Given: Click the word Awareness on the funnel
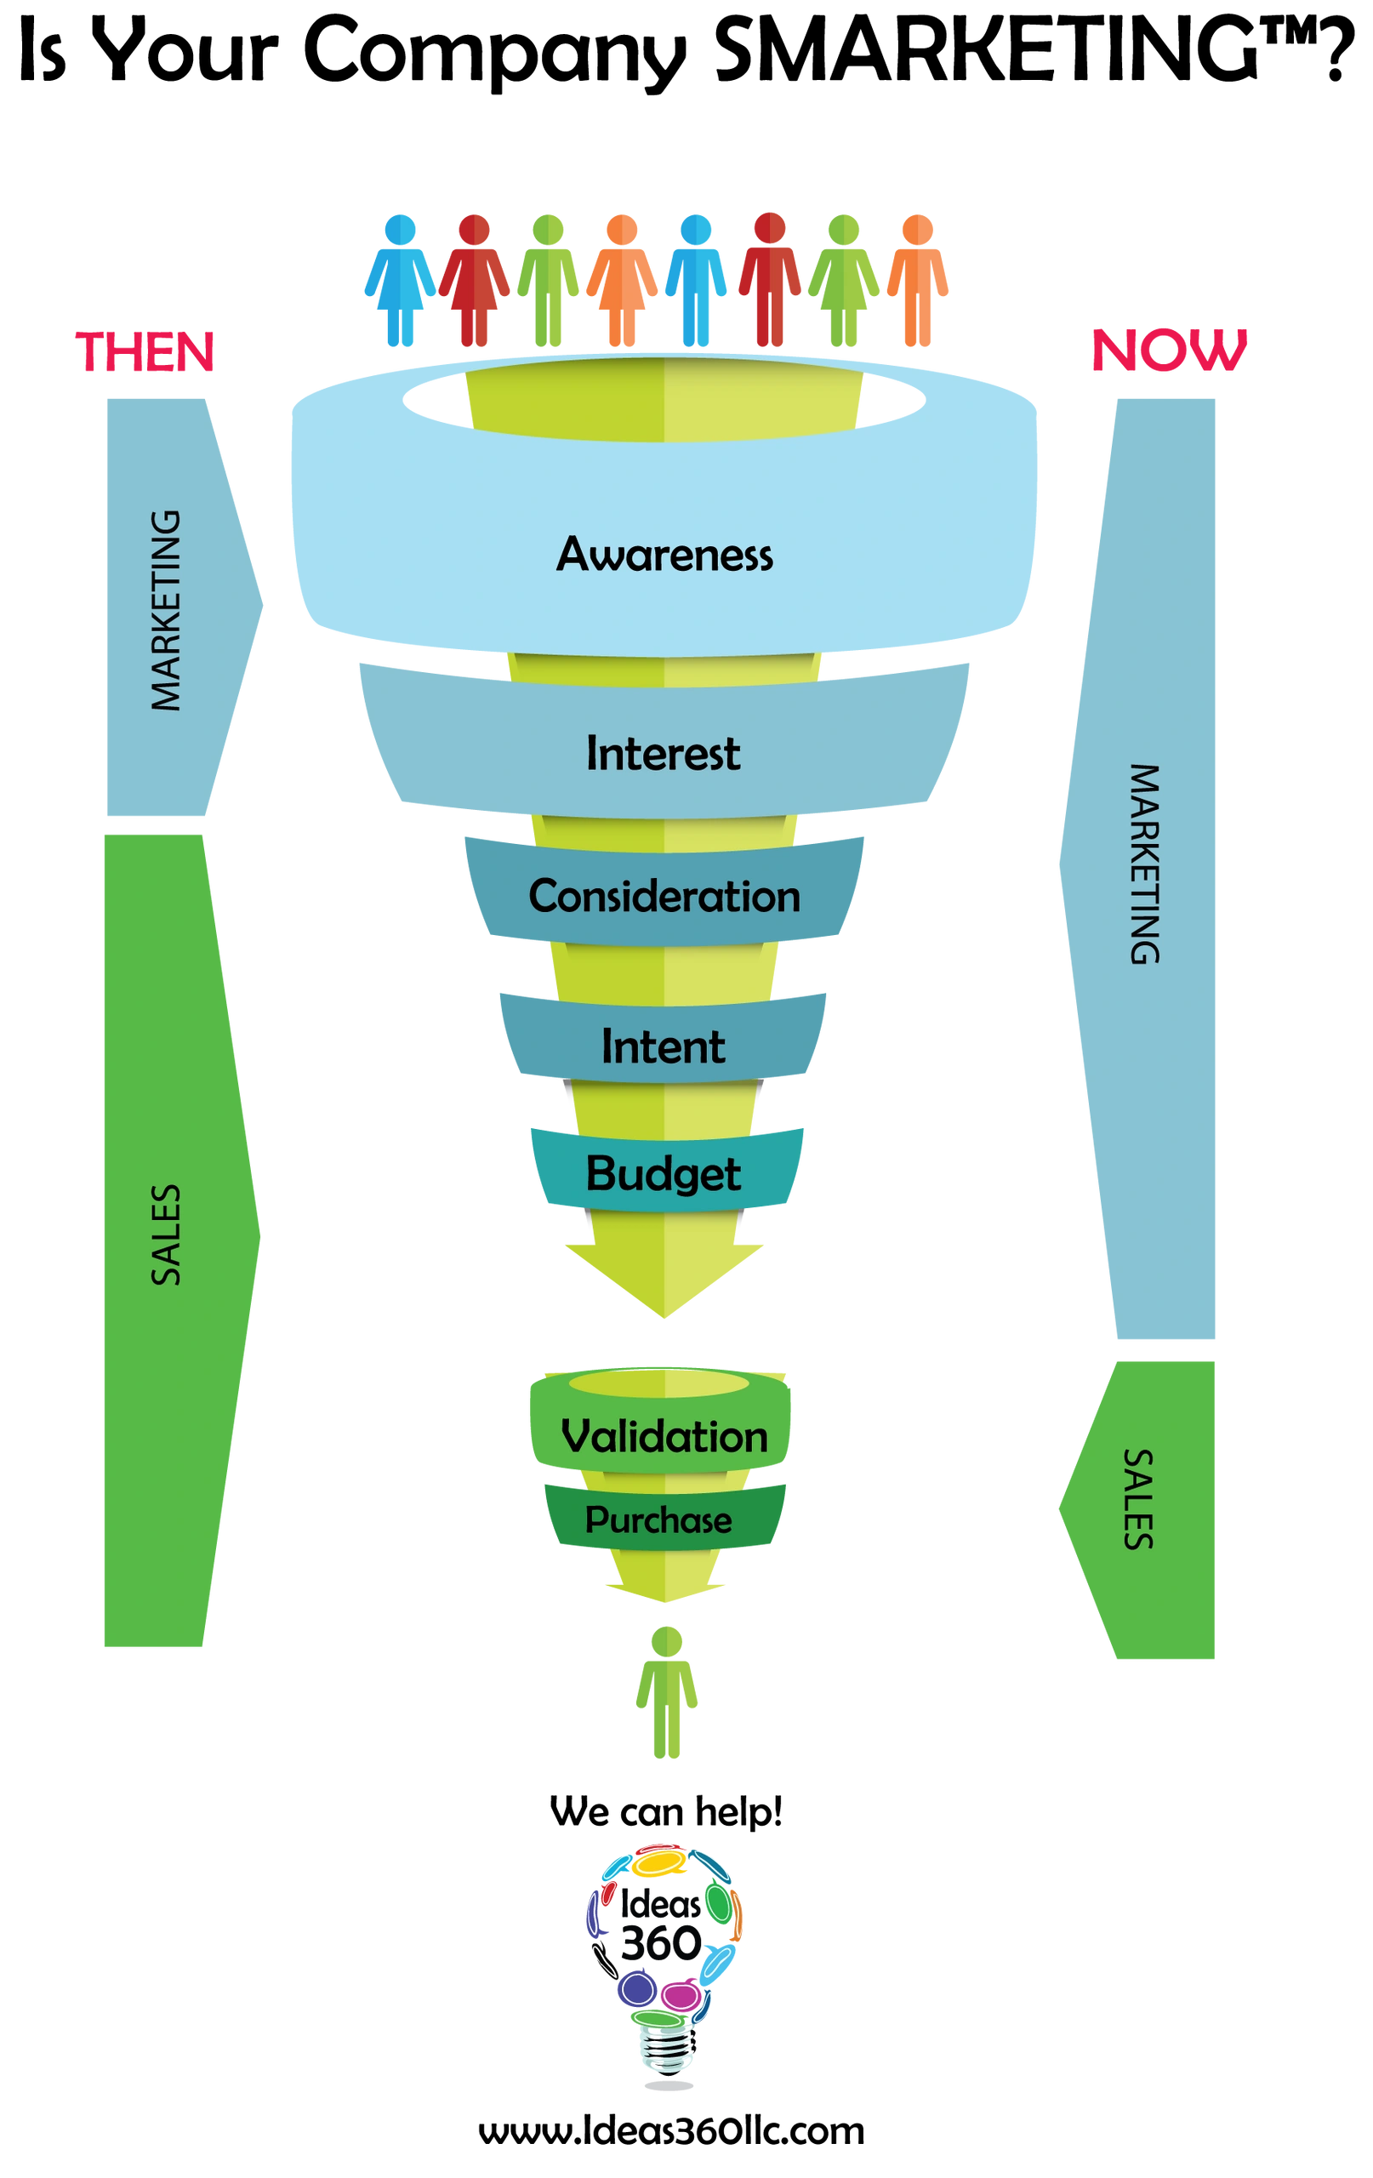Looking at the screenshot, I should click(664, 555).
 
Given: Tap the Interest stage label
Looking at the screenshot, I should click(663, 754).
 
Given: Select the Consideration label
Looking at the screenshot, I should click(664, 897).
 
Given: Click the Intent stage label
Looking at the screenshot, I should click(663, 1046).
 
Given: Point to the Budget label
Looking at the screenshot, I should click(664, 1173).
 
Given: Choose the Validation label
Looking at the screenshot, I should click(664, 1436).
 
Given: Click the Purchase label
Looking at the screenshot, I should click(658, 1520).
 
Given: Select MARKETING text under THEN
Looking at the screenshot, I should click(167, 612).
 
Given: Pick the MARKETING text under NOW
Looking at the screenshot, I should click(1144, 864).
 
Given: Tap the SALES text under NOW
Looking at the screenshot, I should click(1138, 1499).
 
